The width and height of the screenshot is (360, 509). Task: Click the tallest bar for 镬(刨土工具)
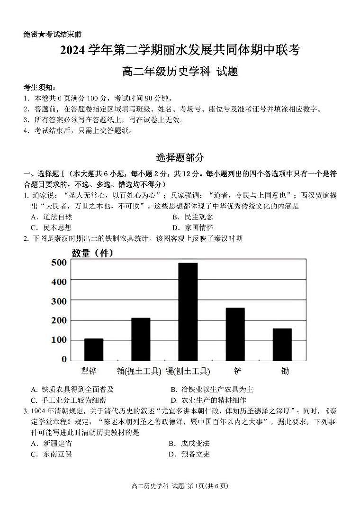(x=188, y=312)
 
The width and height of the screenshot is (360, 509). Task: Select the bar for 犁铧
(x=93, y=350)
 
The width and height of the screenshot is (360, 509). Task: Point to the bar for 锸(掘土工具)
(x=141, y=339)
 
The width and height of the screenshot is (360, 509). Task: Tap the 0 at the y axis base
(x=64, y=360)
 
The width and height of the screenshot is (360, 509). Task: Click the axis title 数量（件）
(x=92, y=253)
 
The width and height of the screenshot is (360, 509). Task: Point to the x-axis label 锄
(x=285, y=371)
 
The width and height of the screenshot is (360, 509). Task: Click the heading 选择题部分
(x=180, y=157)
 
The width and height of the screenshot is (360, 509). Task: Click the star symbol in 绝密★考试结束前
(x=42, y=35)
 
